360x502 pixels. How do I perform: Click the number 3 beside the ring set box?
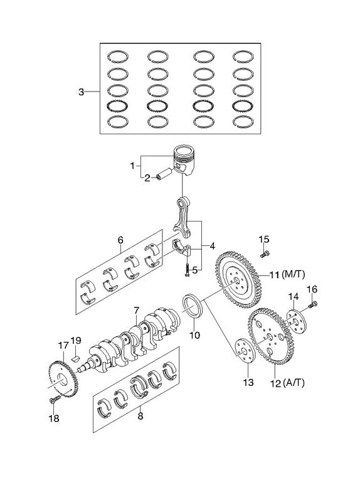coord(82,92)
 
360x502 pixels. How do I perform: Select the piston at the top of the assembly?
coord(184,161)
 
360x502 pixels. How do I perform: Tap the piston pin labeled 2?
coord(164,174)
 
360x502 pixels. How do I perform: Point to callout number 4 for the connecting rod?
coord(212,246)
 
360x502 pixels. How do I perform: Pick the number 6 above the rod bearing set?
coord(120,240)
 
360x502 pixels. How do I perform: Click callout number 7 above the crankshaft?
coord(137,310)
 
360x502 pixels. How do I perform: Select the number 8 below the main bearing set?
coord(140,416)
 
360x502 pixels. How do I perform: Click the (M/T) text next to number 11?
coord(294,274)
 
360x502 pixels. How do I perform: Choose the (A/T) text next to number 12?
coord(294,383)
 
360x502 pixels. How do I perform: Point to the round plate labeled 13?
coord(244,351)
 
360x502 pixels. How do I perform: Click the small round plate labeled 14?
coord(296,321)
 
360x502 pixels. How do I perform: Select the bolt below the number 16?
coord(313,304)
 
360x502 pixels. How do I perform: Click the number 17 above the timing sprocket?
coord(63,346)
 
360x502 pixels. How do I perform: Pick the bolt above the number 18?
coord(55,399)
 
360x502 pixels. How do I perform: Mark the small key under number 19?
coord(75,358)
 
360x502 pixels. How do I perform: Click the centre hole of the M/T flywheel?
coord(236,280)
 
